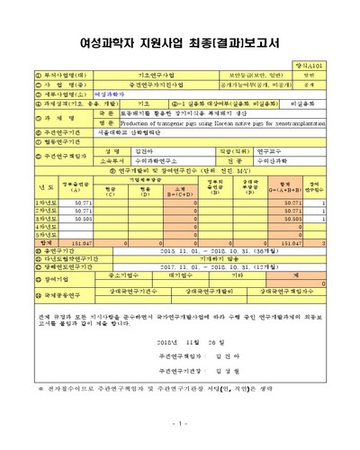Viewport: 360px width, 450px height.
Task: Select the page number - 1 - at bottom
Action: point(179,422)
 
